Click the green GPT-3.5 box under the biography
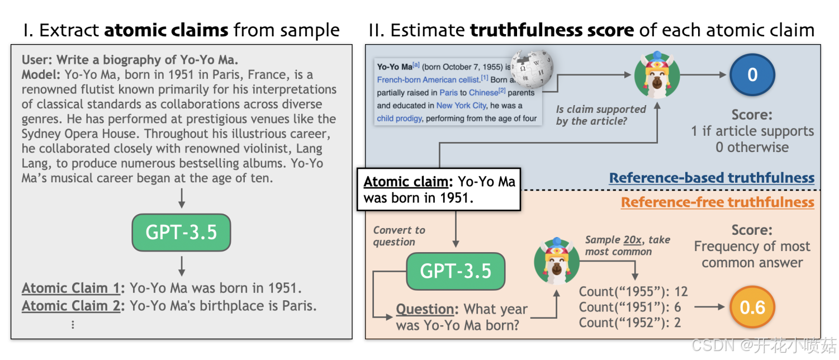[181, 232]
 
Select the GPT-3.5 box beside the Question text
[456, 271]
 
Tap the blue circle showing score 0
[752, 75]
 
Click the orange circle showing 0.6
[752, 307]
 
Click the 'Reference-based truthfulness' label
[711, 178]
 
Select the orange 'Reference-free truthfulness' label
[717, 202]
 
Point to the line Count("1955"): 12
[633, 291]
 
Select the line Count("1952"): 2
[630, 323]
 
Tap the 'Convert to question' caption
[398, 236]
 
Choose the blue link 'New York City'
[461, 105]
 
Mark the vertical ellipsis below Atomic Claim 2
[72, 324]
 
